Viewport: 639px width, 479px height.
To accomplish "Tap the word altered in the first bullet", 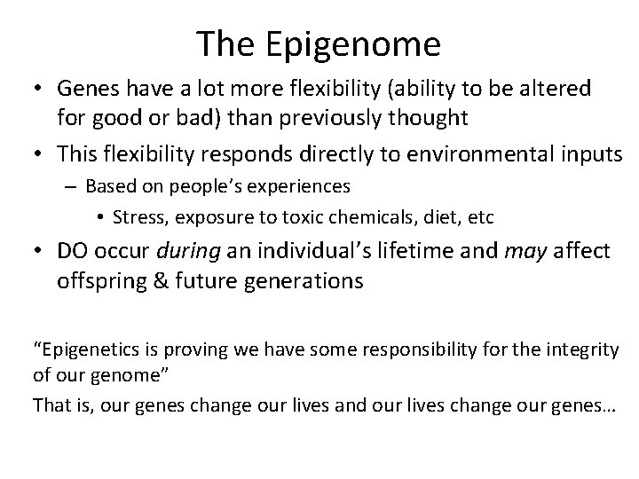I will (x=554, y=90).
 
